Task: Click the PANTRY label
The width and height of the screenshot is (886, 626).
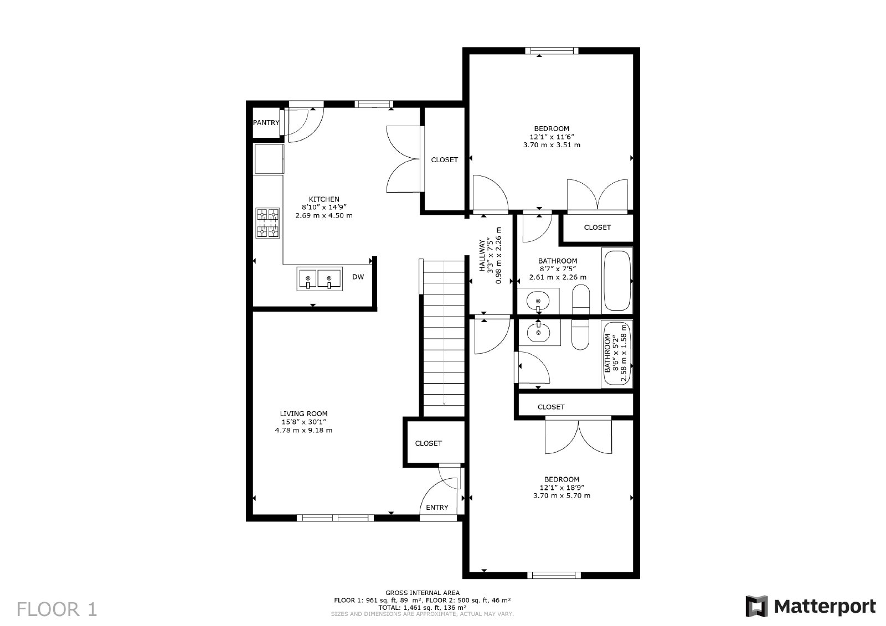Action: [266, 123]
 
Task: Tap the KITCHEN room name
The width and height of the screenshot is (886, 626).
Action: [324, 199]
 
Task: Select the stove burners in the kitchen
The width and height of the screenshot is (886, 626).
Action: [267, 223]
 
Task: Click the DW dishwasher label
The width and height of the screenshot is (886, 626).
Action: [358, 277]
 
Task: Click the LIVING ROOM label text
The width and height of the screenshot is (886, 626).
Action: [303, 413]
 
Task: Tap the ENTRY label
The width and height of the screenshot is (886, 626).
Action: [437, 508]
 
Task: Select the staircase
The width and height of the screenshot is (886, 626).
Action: [444, 338]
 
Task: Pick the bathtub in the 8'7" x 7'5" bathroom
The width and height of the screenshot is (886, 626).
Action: [617, 281]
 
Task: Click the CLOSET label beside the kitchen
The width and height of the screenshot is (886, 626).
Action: [445, 160]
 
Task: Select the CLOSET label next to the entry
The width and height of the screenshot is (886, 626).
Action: [429, 443]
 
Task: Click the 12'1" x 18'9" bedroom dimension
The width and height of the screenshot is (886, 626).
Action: [562, 488]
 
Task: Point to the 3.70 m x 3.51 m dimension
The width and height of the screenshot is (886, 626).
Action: [552, 145]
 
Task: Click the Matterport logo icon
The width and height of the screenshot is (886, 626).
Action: [756, 606]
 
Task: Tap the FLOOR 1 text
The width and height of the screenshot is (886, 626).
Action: [57, 609]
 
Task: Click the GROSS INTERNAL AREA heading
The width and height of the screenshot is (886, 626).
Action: [422, 593]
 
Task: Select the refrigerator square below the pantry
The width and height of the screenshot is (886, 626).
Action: [269, 159]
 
